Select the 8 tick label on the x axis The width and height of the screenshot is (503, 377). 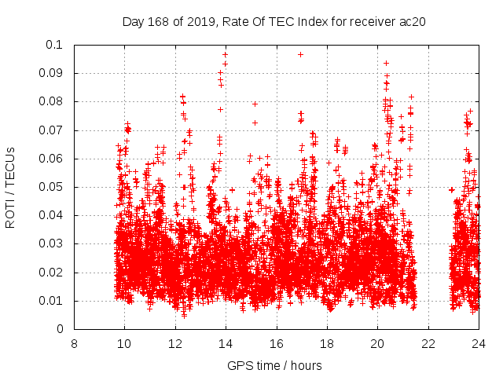click(74, 344)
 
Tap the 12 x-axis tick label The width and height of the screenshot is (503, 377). click(175, 344)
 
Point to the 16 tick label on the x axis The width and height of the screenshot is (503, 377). click(277, 344)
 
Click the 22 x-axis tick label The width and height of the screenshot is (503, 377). click(428, 344)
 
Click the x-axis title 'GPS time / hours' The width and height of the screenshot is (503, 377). click(274, 365)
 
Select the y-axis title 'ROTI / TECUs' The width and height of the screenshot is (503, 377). click(11, 187)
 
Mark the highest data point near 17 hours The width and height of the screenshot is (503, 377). click(300, 54)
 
